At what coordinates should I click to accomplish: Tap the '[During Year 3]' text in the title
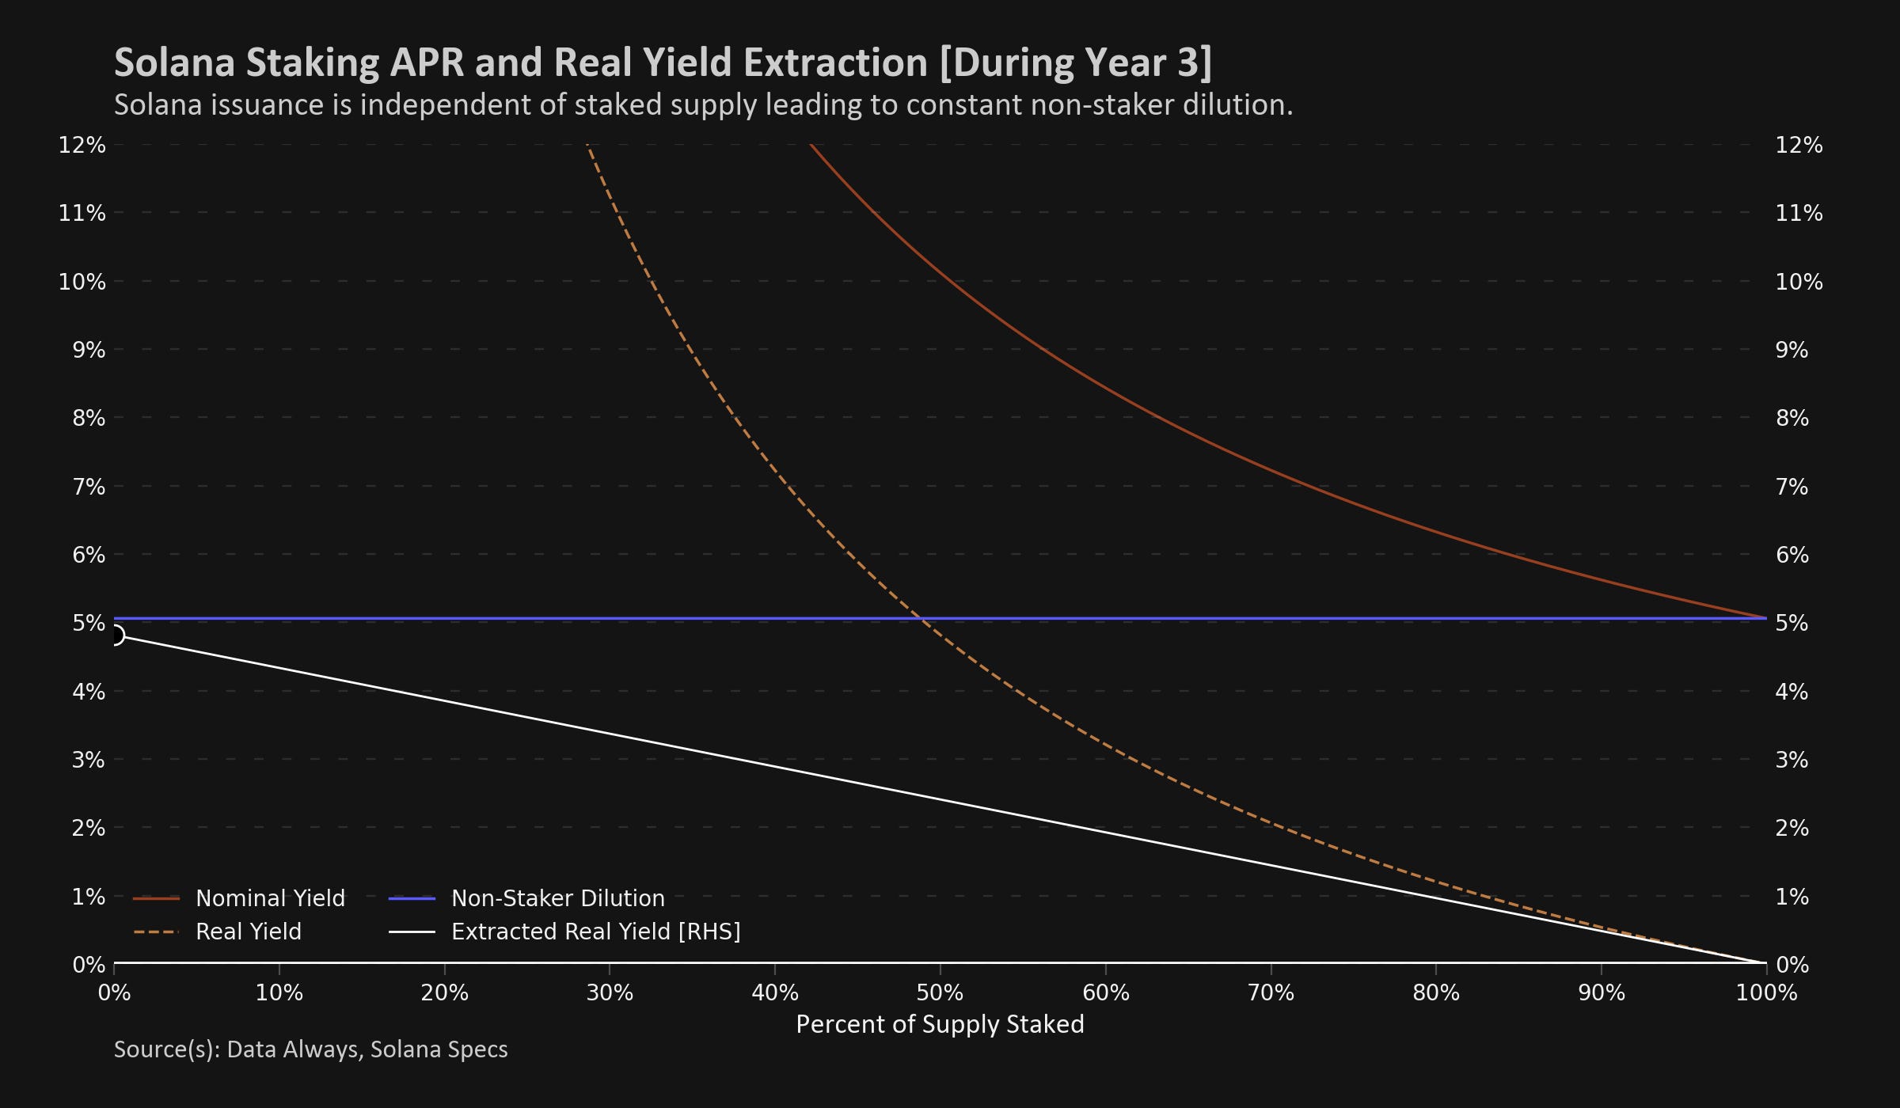[x=1076, y=63]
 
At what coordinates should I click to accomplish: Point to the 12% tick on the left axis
[x=82, y=145]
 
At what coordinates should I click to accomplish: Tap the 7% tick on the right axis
[x=1792, y=487]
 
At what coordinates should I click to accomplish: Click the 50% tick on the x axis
[x=940, y=992]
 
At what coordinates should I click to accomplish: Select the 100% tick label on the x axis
[x=1766, y=992]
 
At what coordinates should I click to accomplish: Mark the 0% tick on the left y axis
[x=89, y=965]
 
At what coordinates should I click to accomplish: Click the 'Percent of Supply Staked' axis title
[x=940, y=1024]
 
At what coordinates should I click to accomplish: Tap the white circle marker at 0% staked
[x=115, y=635]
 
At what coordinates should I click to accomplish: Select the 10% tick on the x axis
[x=279, y=992]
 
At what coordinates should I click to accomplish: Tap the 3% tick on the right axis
[x=1792, y=760]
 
